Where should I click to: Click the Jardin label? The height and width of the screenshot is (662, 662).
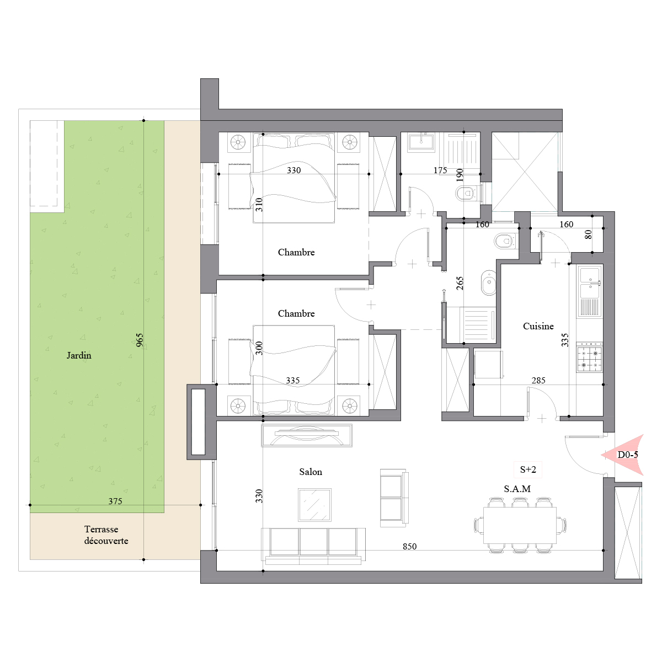pyautogui.click(x=79, y=356)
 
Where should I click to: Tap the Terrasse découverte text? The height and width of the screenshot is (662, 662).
pyautogui.click(x=106, y=535)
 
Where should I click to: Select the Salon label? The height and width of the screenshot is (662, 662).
pyautogui.click(x=311, y=472)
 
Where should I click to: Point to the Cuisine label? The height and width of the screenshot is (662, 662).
pyautogui.click(x=538, y=326)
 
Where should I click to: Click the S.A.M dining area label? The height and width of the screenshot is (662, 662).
pyautogui.click(x=517, y=489)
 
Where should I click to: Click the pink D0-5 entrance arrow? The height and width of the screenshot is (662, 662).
pyautogui.click(x=622, y=455)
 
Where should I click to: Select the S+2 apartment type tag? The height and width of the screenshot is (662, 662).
pyautogui.click(x=528, y=469)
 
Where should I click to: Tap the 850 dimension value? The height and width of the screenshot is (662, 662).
pyautogui.click(x=409, y=546)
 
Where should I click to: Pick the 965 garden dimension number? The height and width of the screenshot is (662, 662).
pyautogui.click(x=139, y=340)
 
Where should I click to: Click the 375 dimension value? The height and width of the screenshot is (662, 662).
pyautogui.click(x=115, y=501)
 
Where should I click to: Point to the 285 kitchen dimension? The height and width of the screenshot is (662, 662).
pyautogui.click(x=538, y=380)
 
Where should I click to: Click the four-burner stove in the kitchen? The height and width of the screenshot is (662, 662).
pyautogui.click(x=589, y=357)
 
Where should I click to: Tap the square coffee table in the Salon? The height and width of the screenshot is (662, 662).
pyautogui.click(x=314, y=505)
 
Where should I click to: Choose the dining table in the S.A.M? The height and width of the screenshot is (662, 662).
pyautogui.click(x=520, y=525)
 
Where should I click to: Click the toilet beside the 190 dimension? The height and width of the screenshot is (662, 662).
pyautogui.click(x=466, y=193)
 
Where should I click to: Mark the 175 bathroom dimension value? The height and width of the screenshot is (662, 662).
pyautogui.click(x=440, y=170)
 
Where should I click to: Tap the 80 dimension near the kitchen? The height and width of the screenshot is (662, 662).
pyautogui.click(x=588, y=234)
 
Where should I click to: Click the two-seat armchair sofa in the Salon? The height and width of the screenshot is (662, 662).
pyautogui.click(x=394, y=498)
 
